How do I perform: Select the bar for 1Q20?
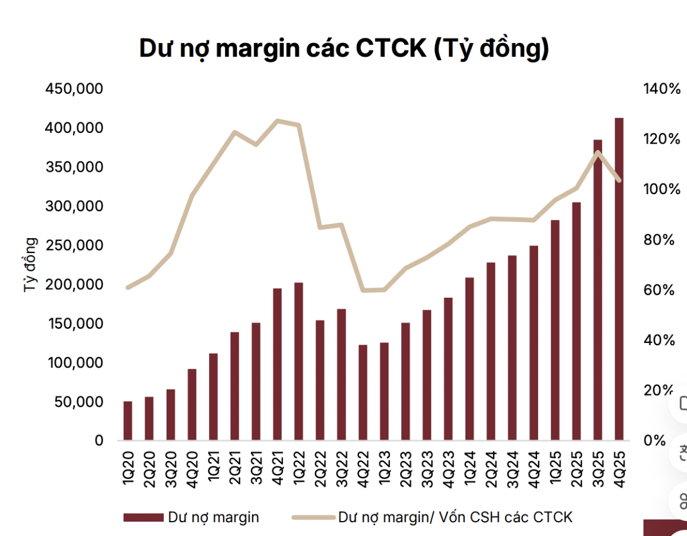[x=128, y=421]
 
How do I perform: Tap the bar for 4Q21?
[x=277, y=364]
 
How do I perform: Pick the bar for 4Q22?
[x=362, y=393]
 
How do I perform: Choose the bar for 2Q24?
[x=491, y=352]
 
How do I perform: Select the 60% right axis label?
[x=659, y=290]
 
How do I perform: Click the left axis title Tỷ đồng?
[x=30, y=265]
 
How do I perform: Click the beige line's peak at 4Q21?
[x=277, y=121]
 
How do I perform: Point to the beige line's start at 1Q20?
[x=128, y=287]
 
